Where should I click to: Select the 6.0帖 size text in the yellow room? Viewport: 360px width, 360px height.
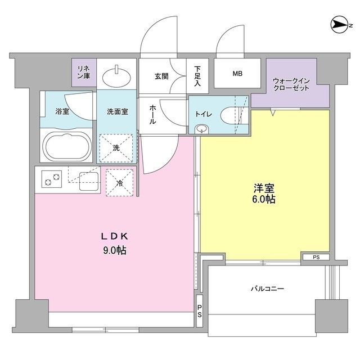coord(263,199)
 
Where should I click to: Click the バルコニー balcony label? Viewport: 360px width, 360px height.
coord(267,289)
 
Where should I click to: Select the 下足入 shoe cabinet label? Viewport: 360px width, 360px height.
coord(197,74)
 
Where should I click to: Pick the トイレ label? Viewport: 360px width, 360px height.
coord(203,114)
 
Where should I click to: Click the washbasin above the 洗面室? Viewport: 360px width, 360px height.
coord(117,73)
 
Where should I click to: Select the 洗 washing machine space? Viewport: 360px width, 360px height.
coord(117,148)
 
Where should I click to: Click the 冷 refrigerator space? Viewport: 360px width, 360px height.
coord(119,182)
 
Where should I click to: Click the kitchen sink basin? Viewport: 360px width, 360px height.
coord(88,180)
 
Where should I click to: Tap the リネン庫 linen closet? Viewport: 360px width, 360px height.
coord(83,72)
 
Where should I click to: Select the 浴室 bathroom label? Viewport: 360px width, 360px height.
coord(62,111)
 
